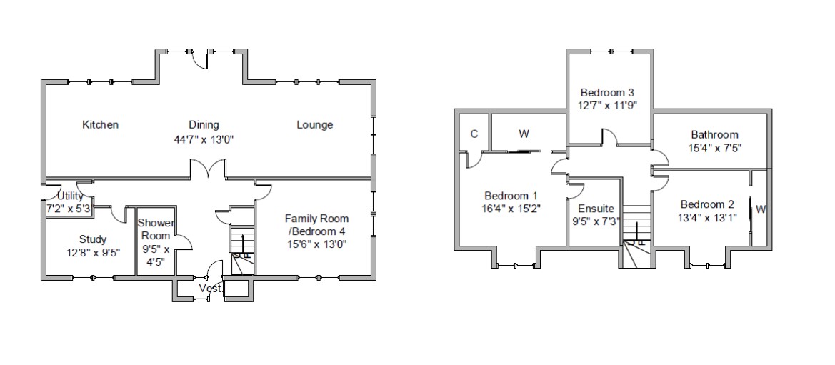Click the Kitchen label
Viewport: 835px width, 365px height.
coord(100,125)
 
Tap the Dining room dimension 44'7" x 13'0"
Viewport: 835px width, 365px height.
coord(204,139)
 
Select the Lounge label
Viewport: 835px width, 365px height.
coord(314,125)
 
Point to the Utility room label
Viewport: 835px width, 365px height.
coord(70,196)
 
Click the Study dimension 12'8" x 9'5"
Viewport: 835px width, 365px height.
coord(93,251)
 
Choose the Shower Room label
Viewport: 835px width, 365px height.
coord(155,229)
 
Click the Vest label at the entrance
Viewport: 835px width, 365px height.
coord(210,289)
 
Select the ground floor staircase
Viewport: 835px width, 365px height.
coord(242,250)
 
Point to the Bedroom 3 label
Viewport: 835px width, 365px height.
coord(607,92)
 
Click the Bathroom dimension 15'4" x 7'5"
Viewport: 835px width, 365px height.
coord(714,148)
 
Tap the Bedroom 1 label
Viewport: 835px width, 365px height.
coord(511,196)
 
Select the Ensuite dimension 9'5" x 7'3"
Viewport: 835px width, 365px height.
coord(596,221)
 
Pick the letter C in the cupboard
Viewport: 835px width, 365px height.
coord(474,134)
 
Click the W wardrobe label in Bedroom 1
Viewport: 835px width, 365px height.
coord(524,134)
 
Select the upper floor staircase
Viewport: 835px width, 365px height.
coord(635,236)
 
